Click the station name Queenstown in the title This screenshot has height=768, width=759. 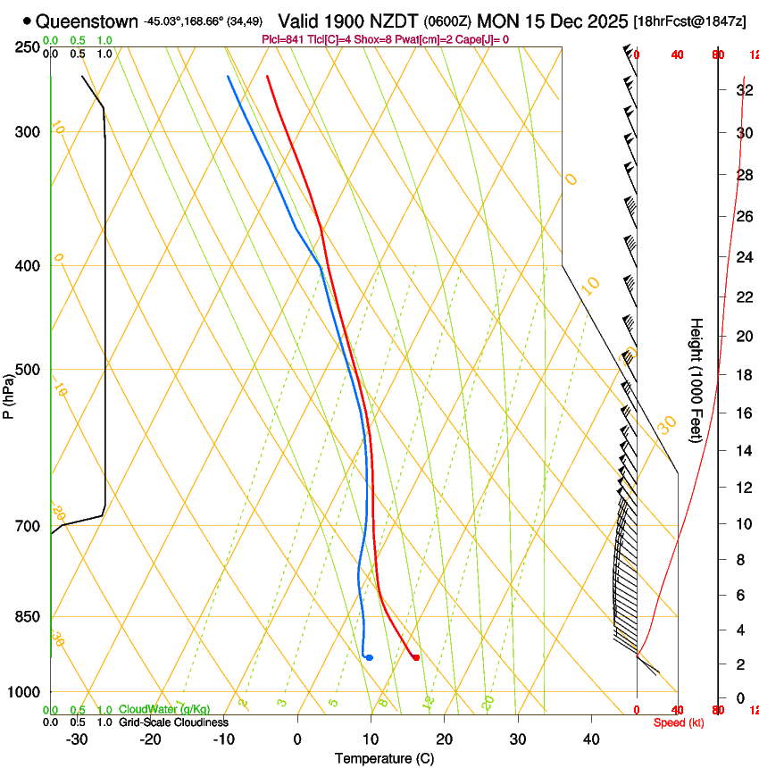tap(88, 21)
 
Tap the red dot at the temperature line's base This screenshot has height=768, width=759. tap(416, 658)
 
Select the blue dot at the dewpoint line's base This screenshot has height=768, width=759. tap(370, 658)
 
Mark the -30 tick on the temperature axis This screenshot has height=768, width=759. tap(77, 739)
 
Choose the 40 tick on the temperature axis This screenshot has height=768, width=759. tap(591, 739)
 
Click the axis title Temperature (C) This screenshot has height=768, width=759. tap(384, 758)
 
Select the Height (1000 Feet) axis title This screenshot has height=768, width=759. tap(696, 380)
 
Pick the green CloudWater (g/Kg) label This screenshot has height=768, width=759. tap(164, 709)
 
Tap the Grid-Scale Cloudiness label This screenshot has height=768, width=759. tap(173, 722)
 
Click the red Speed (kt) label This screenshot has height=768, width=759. tap(678, 722)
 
